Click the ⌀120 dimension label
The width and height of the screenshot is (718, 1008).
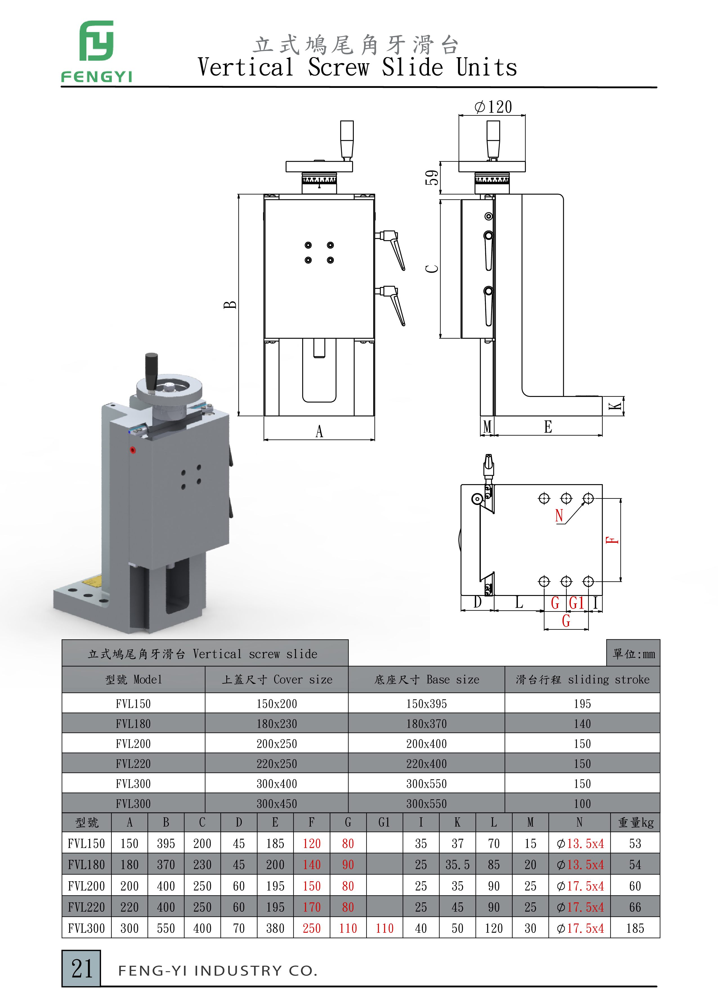pos(493,107)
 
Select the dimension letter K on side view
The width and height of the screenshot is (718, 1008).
pos(616,406)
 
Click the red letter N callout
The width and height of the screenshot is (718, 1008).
pos(559,515)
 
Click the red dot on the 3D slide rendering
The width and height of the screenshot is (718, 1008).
pos(133,450)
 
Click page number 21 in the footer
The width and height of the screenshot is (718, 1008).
pos(82,968)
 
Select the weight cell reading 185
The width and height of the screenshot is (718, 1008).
pos(635,928)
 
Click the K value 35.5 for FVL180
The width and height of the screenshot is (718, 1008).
pos(457,865)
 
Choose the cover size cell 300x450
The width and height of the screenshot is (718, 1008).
pos(277,804)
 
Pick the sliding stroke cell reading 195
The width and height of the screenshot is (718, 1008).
pos(582,704)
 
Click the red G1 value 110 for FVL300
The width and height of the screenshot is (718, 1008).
pos(384,928)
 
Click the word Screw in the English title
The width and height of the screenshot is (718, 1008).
pos(338,68)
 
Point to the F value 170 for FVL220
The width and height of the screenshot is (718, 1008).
pos(312,907)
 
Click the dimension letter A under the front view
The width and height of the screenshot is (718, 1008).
pos(319,431)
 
